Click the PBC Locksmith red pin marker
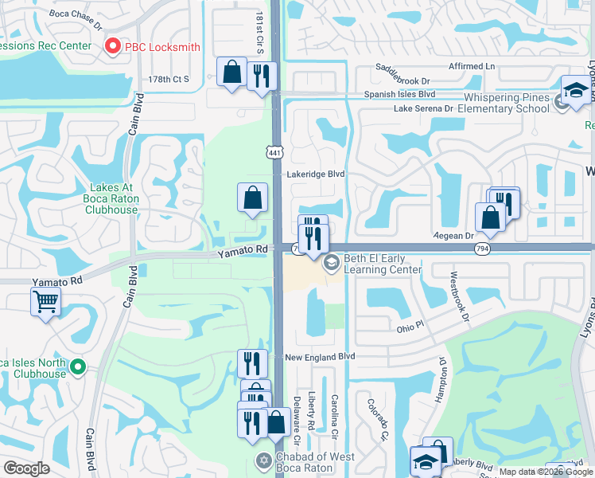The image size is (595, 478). [x=112, y=47]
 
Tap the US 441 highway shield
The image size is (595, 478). [x=274, y=152]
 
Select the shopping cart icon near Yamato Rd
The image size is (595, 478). [x=46, y=302]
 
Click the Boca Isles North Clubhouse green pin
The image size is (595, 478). [x=77, y=367]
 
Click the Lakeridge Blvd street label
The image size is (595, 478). [x=317, y=174]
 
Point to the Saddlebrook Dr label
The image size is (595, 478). [x=402, y=80]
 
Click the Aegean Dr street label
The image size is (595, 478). [x=453, y=236]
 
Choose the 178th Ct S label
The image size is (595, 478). [x=169, y=79]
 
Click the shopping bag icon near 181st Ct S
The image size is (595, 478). [x=231, y=72]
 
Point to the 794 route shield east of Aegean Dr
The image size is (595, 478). [x=484, y=249]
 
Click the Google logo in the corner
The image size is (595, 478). [x=26, y=468]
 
